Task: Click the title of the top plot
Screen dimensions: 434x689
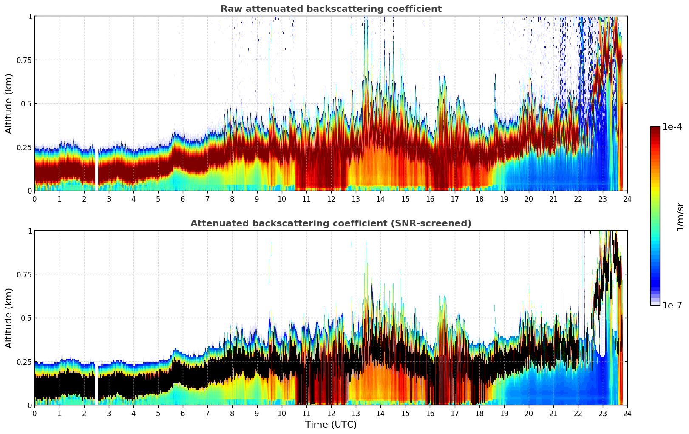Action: [x=331, y=9]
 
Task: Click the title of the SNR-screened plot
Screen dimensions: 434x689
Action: [x=331, y=223]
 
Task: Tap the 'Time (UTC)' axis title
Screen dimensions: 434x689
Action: [x=331, y=425]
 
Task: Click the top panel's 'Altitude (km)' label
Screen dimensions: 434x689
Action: [x=9, y=103]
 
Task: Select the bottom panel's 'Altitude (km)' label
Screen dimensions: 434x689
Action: [x=9, y=318]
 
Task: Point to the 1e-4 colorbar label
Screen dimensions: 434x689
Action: [x=672, y=127]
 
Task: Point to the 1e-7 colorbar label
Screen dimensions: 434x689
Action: [x=672, y=305]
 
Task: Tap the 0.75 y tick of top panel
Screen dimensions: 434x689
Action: [x=24, y=60]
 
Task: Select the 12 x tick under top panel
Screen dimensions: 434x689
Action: [x=331, y=199]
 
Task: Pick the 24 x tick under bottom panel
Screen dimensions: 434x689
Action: [x=627, y=414]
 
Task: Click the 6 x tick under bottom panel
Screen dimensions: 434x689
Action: [x=183, y=414]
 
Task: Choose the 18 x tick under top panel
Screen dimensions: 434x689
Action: [x=479, y=199]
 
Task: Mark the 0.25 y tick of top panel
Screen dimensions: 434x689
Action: [x=24, y=147]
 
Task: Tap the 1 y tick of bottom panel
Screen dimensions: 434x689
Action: [x=30, y=231]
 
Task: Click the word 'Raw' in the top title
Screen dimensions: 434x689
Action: [x=230, y=9]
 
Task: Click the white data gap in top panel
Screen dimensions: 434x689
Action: [x=96, y=168]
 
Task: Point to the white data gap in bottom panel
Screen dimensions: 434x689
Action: [x=96, y=383]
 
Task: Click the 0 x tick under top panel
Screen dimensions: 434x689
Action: [x=35, y=199]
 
